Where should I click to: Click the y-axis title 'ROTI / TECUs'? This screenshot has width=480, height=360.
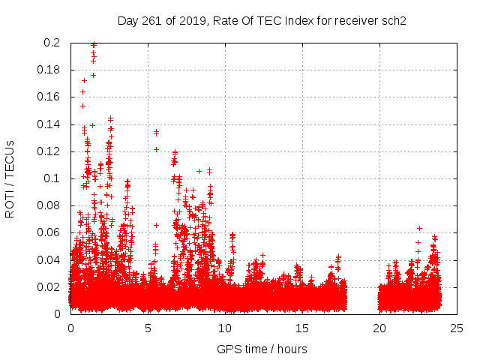(10, 178)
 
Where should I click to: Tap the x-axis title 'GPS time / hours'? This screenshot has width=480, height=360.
(262, 349)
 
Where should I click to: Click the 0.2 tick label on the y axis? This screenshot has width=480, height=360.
(52, 43)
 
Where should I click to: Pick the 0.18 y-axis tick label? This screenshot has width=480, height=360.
(49, 70)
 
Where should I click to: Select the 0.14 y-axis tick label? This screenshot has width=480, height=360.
(49, 124)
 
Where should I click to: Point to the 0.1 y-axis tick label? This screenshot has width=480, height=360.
(52, 178)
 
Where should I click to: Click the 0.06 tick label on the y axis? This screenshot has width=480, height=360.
(49, 232)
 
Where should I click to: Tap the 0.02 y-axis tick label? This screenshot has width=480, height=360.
(49, 287)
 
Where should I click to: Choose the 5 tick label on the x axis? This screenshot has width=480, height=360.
(148, 328)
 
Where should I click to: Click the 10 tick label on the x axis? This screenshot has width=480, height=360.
(225, 328)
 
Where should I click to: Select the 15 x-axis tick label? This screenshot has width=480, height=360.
(302, 328)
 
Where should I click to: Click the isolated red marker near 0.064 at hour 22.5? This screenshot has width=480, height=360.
(419, 228)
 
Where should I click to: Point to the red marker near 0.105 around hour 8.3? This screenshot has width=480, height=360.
(199, 171)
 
